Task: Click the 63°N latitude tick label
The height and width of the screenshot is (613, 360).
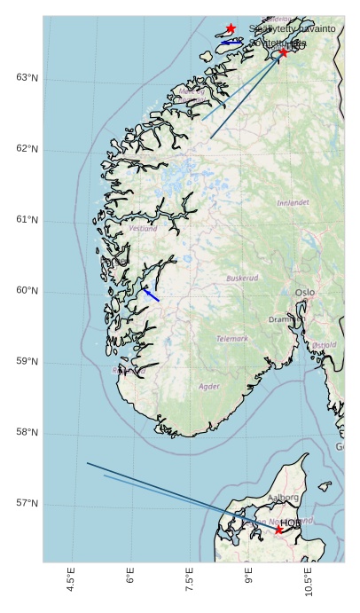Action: click(x=27, y=78)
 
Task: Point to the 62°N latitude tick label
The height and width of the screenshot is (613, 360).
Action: click(x=27, y=149)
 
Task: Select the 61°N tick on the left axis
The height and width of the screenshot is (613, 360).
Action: click(x=27, y=220)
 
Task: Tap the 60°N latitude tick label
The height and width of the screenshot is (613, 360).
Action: click(x=27, y=291)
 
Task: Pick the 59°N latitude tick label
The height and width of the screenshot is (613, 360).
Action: click(x=27, y=362)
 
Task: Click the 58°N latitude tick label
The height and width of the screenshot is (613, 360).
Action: click(x=27, y=433)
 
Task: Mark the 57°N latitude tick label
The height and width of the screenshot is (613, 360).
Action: click(x=27, y=504)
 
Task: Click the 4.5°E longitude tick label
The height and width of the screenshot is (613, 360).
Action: click(x=71, y=584)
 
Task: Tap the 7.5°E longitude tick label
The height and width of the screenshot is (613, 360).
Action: click(x=190, y=584)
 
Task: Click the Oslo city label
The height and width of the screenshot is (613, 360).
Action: click(x=305, y=292)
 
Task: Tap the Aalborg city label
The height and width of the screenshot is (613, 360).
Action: click(x=283, y=498)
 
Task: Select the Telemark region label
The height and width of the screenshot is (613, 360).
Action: click(x=233, y=339)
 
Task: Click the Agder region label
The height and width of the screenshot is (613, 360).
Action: click(x=209, y=387)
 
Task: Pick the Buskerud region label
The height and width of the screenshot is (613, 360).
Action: click(x=242, y=278)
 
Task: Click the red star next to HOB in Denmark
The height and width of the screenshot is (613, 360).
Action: click(x=278, y=530)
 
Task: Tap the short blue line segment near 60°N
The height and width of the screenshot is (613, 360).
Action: click(x=152, y=295)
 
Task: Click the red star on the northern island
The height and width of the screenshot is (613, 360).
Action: click(x=231, y=28)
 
